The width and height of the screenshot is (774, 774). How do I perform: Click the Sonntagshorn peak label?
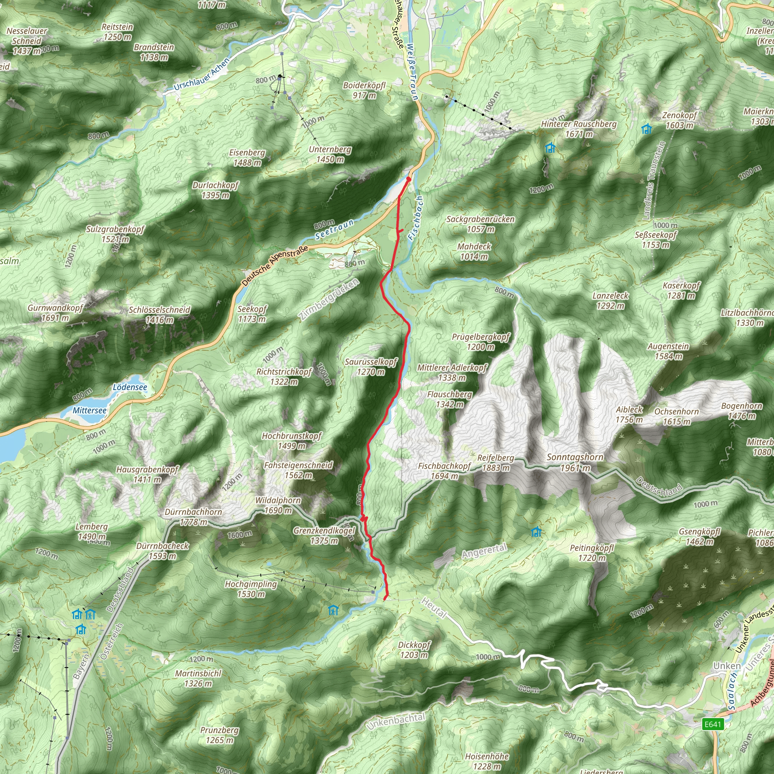pyautogui.click(x=575, y=462)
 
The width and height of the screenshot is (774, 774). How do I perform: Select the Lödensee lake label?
pyautogui.click(x=130, y=387)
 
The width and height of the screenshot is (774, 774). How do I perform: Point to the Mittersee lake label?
pyautogui.click(x=90, y=411)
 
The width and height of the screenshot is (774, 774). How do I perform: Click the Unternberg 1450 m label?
pyautogui.click(x=330, y=154)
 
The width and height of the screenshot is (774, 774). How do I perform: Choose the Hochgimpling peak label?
pyautogui.click(x=251, y=589)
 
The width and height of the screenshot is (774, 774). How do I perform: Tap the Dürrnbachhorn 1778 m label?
pyautogui.click(x=193, y=517)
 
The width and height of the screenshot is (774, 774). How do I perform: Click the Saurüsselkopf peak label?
pyautogui.click(x=371, y=367)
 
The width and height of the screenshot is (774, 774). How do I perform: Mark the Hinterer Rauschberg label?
pyautogui.click(x=579, y=129)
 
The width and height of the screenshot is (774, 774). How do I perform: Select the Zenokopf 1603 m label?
pyautogui.click(x=680, y=120)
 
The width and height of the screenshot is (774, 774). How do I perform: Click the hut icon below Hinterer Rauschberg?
pyautogui.click(x=550, y=148)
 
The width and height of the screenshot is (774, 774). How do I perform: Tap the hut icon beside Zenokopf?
pyautogui.click(x=647, y=129)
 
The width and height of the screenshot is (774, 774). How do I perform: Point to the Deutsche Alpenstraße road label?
pyautogui.click(x=275, y=265)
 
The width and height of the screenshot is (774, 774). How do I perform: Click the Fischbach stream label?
pyautogui.click(x=415, y=218)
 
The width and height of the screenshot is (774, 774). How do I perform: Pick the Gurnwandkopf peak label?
pyautogui.click(x=55, y=313)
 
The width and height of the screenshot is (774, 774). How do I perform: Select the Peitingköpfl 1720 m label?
pyautogui.click(x=592, y=553)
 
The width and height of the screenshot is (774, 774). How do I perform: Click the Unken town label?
pyautogui.click(x=727, y=666)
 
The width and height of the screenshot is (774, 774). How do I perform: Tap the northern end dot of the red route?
pyautogui.click(x=408, y=179)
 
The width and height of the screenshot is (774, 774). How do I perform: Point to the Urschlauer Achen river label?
pyautogui.click(x=201, y=74)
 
